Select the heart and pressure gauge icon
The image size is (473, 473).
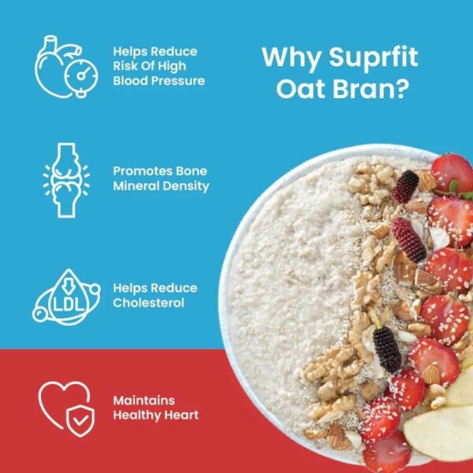(x=62, y=65)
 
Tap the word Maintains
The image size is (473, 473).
(x=143, y=400)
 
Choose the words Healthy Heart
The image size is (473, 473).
(x=155, y=415)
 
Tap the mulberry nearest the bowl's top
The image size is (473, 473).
(x=406, y=187)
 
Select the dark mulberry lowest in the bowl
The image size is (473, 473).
(x=387, y=349)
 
